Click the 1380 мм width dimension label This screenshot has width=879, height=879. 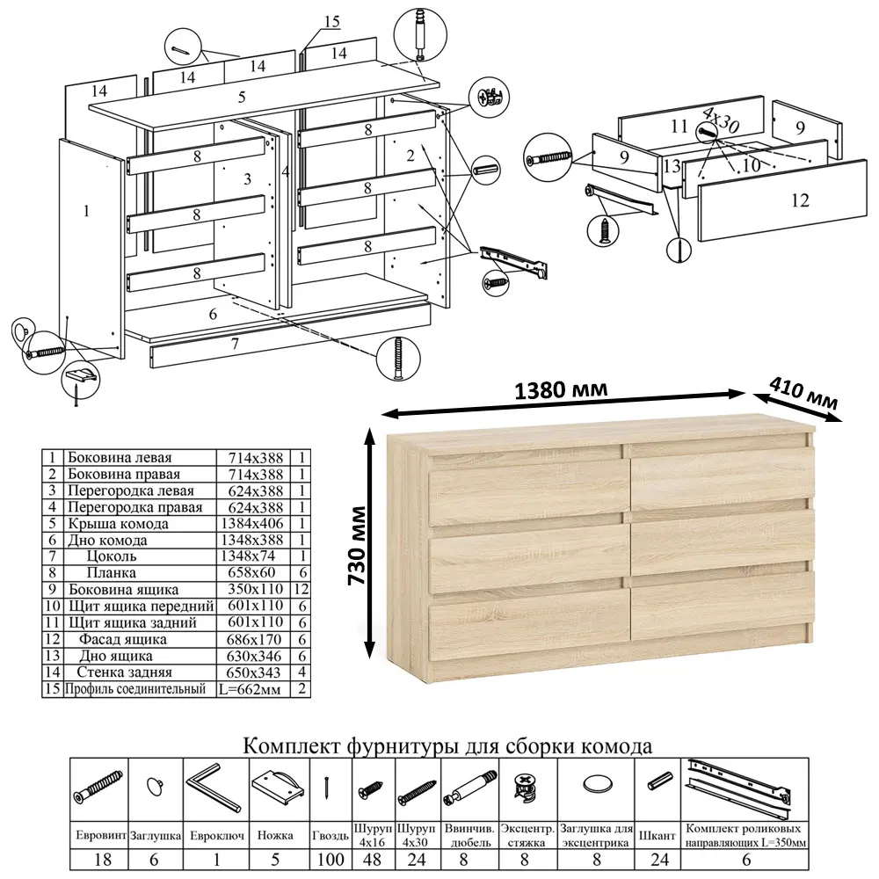click(x=561, y=389)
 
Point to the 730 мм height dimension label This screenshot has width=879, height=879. click(x=357, y=546)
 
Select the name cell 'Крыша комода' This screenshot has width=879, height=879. click(x=119, y=524)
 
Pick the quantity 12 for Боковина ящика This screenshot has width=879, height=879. click(x=301, y=589)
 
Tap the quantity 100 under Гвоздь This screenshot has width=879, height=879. click(x=331, y=860)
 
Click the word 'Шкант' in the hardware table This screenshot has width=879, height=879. click(x=657, y=836)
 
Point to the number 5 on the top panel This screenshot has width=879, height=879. click(x=242, y=97)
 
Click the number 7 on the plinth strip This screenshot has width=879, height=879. click(x=235, y=343)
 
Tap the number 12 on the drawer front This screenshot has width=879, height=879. click(x=800, y=200)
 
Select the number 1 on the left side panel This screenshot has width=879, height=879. click(x=86, y=211)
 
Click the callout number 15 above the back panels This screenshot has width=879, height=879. click(x=332, y=22)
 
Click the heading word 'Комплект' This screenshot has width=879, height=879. click(x=293, y=746)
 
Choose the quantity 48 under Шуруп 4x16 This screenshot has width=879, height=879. click(x=372, y=860)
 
